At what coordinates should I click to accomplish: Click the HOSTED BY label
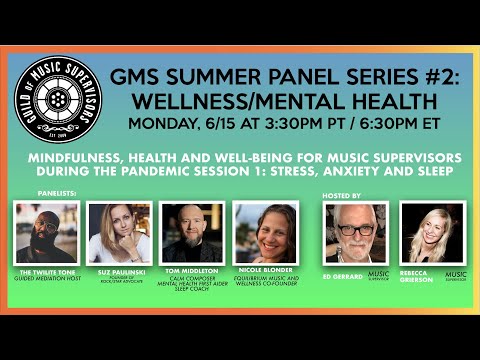pyautogui.click(x=344, y=196)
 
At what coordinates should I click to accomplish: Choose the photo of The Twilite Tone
pyautogui.click(x=47, y=233)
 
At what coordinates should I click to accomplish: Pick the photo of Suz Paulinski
pyautogui.click(x=120, y=233)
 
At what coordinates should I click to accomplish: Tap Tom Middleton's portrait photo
pyautogui.click(x=192, y=233)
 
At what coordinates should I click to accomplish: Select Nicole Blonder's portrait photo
pyautogui.click(x=264, y=233)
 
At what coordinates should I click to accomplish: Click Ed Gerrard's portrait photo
pyautogui.click(x=356, y=233)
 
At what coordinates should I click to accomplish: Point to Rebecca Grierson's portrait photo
pyautogui.click(x=431, y=233)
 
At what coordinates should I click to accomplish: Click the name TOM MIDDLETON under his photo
pyautogui.click(x=192, y=270)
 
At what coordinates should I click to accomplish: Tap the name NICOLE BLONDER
pyautogui.click(x=264, y=268)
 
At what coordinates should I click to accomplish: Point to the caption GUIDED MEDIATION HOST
pyautogui.click(x=48, y=279)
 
